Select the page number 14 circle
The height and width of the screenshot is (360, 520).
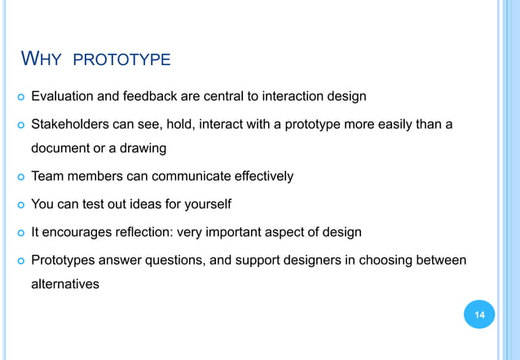click(x=479, y=314)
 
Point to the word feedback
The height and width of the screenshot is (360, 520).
click(x=151, y=97)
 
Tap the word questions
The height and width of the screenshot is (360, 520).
click(x=179, y=260)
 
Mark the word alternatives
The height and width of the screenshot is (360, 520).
click(x=65, y=283)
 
